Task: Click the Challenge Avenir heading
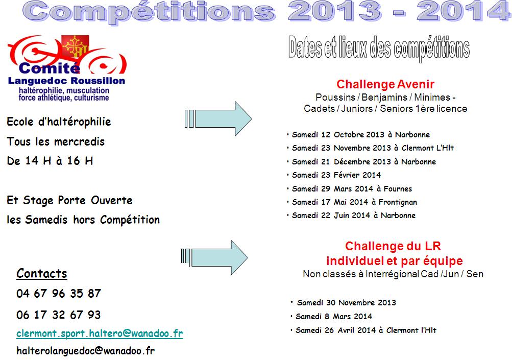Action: tap(385, 84)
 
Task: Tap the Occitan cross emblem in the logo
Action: tap(75, 46)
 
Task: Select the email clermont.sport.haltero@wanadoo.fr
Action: tap(100, 333)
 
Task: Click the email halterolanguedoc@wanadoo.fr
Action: tap(86, 351)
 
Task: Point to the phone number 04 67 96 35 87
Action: tap(59, 293)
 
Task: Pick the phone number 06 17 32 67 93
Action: tap(59, 315)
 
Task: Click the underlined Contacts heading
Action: tap(42, 273)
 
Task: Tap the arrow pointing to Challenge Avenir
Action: tap(218, 118)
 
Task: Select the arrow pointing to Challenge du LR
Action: tap(214, 257)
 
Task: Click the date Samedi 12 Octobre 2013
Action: tap(338, 135)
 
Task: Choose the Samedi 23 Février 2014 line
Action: tap(336, 175)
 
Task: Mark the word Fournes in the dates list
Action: tap(398, 189)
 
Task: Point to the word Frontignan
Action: tap(398, 202)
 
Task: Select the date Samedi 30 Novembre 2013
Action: tap(347, 303)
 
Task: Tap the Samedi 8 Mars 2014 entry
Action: tap(334, 317)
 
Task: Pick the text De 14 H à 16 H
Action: tap(50, 161)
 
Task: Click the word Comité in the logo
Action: tap(50, 68)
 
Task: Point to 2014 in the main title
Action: tap(464, 11)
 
